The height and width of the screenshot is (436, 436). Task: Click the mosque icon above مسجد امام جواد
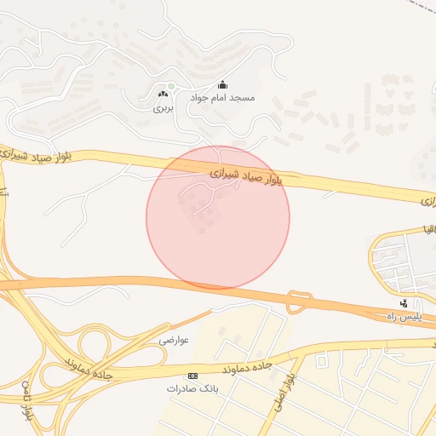[x=223, y=84]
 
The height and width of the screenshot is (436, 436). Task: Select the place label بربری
[x=163, y=108]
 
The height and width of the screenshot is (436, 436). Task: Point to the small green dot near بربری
[x=171, y=86]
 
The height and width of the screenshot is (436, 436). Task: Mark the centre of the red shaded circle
[x=218, y=217]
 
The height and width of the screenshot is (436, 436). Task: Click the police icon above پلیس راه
[x=404, y=303]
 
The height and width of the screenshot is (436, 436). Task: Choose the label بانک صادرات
[x=186, y=388]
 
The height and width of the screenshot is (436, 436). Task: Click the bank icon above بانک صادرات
[x=192, y=375]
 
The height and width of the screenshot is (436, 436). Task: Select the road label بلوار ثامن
[x=29, y=400]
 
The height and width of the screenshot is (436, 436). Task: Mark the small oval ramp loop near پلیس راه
[x=299, y=302]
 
